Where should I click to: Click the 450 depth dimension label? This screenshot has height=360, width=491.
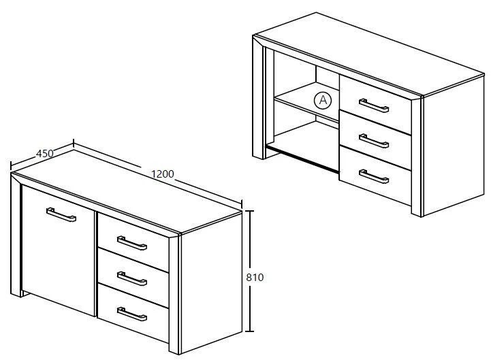[x=44, y=153]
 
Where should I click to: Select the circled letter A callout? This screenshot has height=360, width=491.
[x=323, y=100]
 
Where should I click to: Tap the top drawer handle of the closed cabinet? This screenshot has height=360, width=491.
[x=132, y=243]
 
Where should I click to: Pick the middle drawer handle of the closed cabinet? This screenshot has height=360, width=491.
[x=133, y=278]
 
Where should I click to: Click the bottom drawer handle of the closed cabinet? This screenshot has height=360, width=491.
[x=133, y=314]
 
